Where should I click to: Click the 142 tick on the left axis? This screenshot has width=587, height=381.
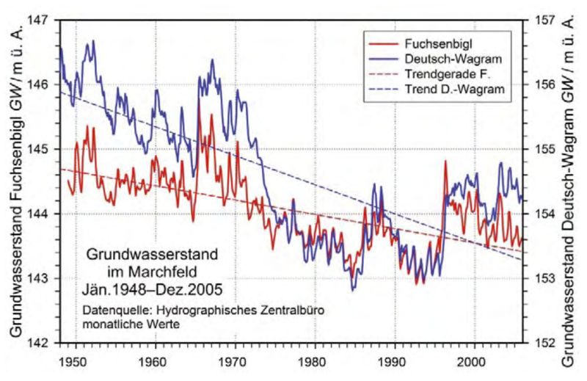(46, 343)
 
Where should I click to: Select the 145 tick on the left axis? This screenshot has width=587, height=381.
(46, 149)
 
